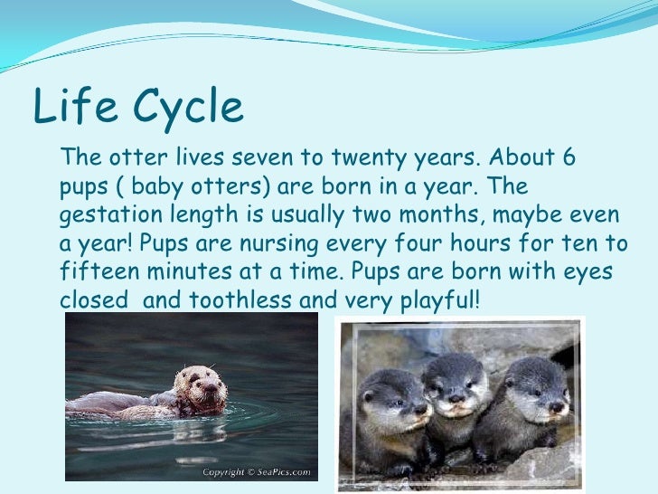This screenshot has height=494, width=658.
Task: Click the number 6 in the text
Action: (568, 159)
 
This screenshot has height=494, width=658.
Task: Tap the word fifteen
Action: (98, 271)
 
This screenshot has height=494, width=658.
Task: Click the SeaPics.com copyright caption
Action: (257, 472)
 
